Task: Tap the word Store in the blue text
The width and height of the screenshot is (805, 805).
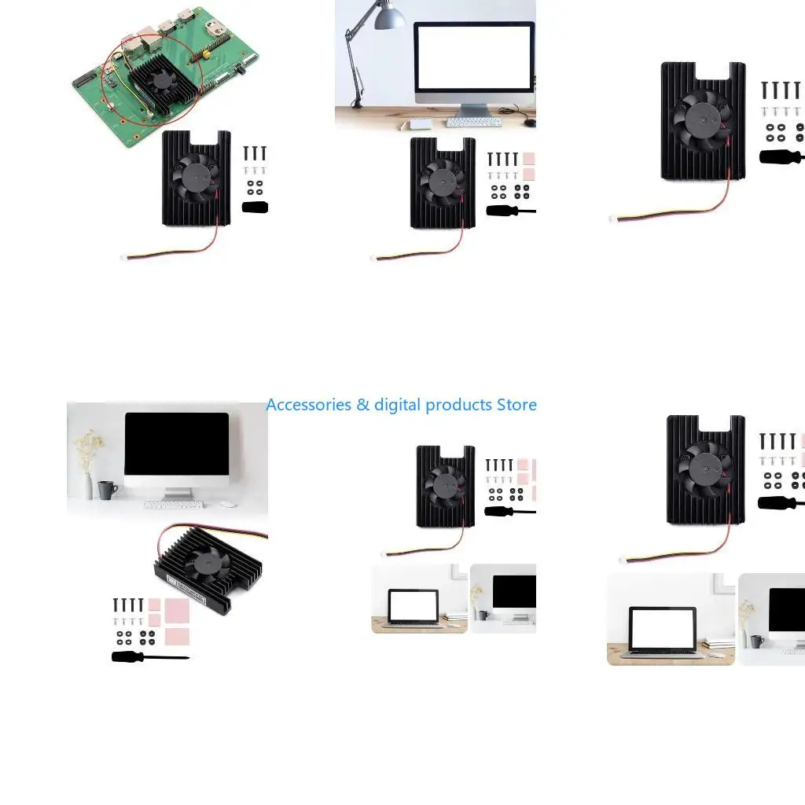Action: point(516,405)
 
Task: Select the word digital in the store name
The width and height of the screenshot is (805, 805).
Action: point(397,405)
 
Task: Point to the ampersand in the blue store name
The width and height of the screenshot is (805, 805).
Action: point(362,405)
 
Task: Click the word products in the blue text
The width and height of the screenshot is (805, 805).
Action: point(458,406)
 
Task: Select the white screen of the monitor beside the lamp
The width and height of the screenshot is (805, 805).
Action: point(474,58)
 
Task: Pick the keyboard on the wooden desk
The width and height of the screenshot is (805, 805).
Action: point(474,123)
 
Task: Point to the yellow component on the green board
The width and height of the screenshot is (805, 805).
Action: point(205,53)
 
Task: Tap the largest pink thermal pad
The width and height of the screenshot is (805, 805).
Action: point(177,611)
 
